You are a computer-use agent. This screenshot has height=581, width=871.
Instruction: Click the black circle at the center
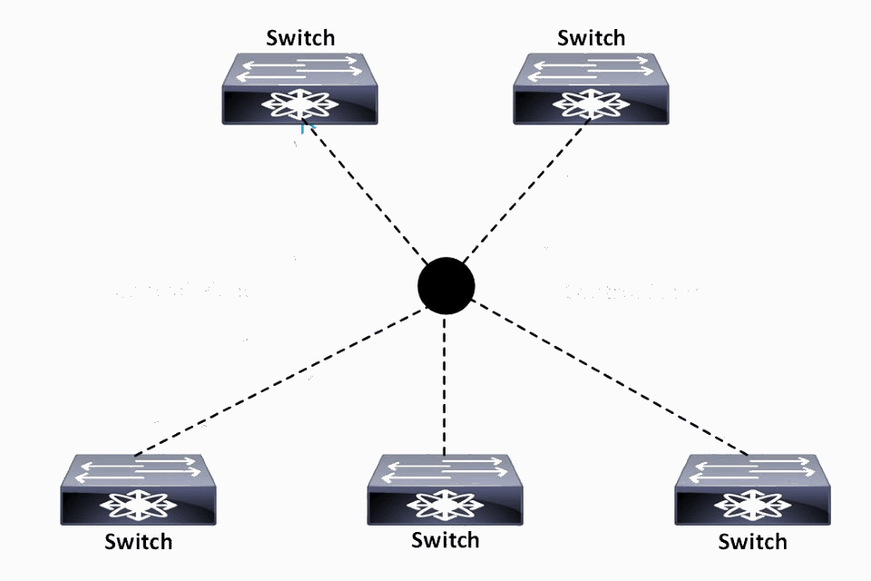[x=445, y=285]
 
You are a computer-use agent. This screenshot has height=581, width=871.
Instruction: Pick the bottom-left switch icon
[x=138, y=490]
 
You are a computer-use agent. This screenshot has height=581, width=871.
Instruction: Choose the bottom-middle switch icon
[x=445, y=490]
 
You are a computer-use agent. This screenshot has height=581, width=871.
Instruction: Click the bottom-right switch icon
[x=752, y=490]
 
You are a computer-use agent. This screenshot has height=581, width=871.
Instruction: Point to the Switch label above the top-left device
[x=300, y=37]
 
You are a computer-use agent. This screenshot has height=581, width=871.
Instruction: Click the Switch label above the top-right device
[x=592, y=37]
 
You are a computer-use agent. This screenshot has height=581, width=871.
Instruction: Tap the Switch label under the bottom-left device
[x=138, y=542]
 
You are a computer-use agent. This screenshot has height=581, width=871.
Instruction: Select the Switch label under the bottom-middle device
[x=445, y=540]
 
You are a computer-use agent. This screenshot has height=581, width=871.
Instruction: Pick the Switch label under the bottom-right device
[x=752, y=542]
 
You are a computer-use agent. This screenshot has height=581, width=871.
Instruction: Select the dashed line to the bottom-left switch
[x=281, y=381]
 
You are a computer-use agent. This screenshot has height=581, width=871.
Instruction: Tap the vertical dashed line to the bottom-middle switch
[x=445, y=381]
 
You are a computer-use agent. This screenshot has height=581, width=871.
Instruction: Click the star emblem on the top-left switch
[x=300, y=105]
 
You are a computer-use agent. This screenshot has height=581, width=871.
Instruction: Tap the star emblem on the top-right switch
[x=592, y=105]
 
